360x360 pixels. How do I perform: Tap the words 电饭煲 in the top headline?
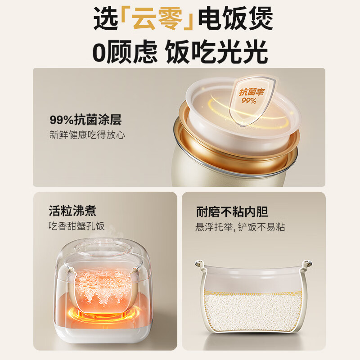[x=235, y=18]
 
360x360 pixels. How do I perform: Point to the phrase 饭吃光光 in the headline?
[x=216, y=51]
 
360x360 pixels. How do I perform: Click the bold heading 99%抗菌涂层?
[x=85, y=120]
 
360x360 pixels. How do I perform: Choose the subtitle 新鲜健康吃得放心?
[x=87, y=135]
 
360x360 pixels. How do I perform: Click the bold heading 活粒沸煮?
[x=72, y=211]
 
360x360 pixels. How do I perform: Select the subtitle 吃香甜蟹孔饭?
[x=76, y=226]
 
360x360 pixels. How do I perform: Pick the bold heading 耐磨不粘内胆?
[x=232, y=211]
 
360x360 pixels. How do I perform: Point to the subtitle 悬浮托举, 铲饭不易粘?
[x=240, y=227]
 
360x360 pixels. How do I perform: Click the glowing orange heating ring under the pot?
[x=101, y=314]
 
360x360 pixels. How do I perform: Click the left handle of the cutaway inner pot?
[x=200, y=264]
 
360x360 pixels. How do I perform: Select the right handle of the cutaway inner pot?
[x=307, y=264]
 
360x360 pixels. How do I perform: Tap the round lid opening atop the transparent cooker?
[x=104, y=248]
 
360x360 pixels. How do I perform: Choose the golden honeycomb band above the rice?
[x=253, y=293]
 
